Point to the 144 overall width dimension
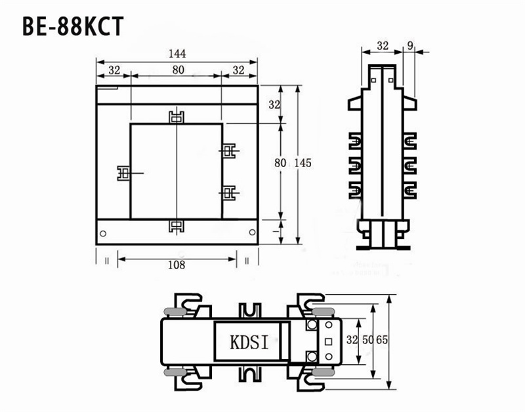(177, 54)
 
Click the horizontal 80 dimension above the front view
(177, 69)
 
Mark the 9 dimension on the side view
(409, 45)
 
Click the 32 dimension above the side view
(383, 45)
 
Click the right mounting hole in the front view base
(251, 233)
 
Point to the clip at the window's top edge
(176, 118)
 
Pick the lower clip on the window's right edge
(228, 193)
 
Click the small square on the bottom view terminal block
(328, 341)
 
